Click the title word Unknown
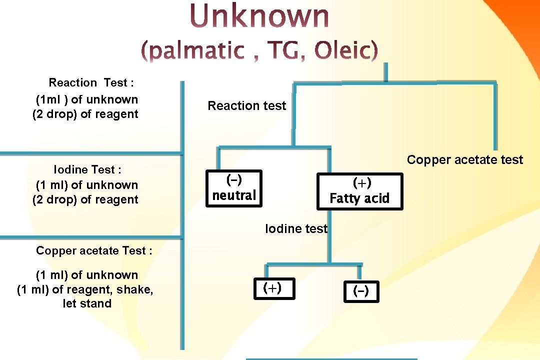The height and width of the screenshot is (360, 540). [259, 16]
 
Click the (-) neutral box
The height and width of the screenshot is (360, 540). [233, 187]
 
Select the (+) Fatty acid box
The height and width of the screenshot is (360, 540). [359, 191]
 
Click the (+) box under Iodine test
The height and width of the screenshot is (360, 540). [273, 288]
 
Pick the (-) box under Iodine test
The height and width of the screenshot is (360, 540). [361, 291]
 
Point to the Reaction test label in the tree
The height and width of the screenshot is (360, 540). [247, 106]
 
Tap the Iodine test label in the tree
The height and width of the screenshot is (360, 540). [296, 229]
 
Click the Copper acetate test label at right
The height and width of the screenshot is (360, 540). [465, 160]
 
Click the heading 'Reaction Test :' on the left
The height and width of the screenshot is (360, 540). [91, 83]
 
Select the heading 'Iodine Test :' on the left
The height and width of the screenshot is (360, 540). [87, 170]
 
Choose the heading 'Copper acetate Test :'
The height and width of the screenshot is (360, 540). [94, 251]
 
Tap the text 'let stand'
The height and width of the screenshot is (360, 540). [87, 303]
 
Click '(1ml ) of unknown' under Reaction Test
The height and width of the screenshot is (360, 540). [87, 99]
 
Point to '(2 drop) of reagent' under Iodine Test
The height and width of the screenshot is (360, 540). [85, 199]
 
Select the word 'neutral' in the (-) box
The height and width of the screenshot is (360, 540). [233, 195]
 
